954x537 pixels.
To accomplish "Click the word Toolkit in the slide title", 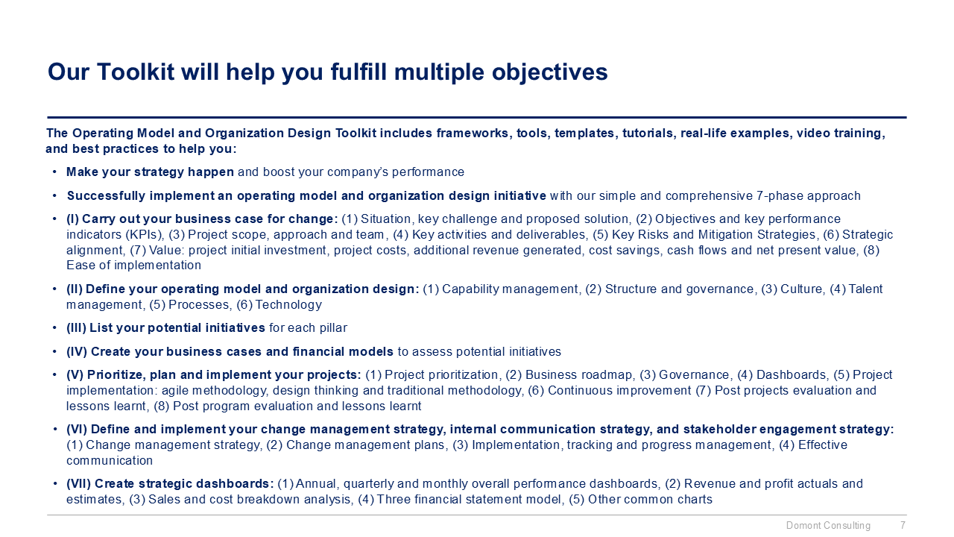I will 125,72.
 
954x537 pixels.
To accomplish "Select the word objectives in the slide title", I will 550,72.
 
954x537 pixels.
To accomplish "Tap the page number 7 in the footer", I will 903,526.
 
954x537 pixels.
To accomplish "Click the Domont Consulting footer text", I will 828,526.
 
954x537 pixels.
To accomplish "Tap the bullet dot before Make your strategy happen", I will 56,172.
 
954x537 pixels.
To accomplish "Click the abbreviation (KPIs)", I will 138,234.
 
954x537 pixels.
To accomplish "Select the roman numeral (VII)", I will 79,483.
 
